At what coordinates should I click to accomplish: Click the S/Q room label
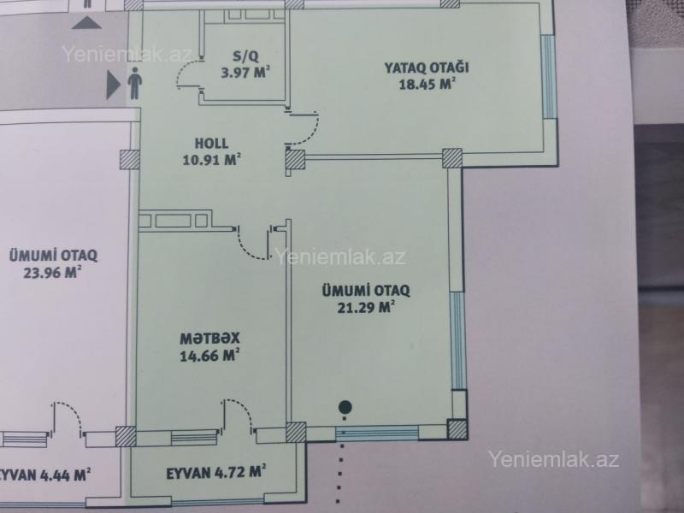[245, 56]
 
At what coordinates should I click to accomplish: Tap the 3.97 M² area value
[245, 72]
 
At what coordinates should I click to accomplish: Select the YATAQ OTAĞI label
[426, 68]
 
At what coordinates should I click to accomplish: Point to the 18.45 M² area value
[427, 83]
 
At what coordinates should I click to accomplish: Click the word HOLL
[211, 143]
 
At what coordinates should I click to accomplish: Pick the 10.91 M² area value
[211, 160]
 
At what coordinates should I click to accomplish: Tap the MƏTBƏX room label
[209, 338]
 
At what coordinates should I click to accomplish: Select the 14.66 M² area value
[209, 355]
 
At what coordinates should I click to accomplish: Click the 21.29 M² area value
[366, 307]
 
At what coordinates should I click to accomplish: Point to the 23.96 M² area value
[52, 272]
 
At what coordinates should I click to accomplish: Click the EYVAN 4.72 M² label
[216, 473]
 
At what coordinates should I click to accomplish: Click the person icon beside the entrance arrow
[135, 83]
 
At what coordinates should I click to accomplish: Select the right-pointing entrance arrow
[113, 85]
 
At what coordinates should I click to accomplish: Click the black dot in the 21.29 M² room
[345, 408]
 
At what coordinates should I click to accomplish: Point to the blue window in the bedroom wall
[549, 77]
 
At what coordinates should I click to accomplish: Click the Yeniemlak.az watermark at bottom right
[553, 459]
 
